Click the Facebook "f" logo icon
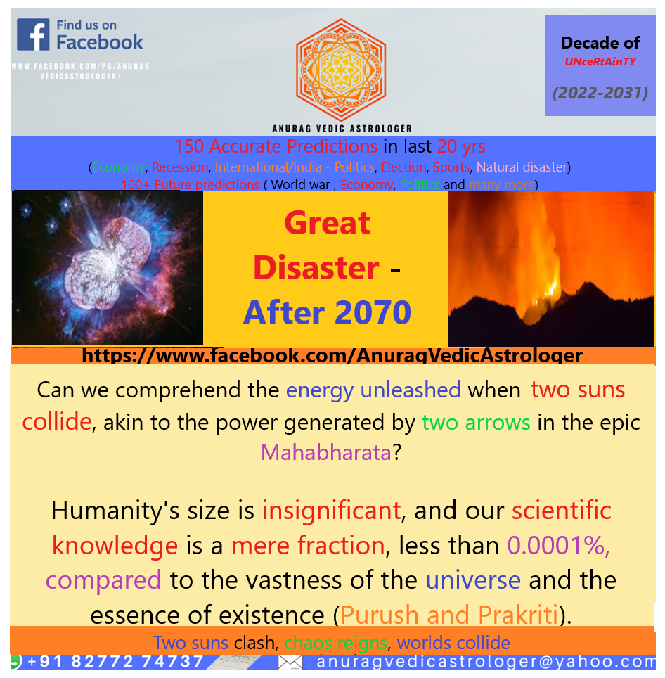(33, 34)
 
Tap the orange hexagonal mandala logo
(341, 70)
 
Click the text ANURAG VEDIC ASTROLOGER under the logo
(342, 129)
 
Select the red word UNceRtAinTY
(600, 62)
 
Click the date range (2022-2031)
(600, 92)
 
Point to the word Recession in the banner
(180, 167)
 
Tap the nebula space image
(108, 268)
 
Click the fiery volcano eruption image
(551, 268)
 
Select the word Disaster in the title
(316, 268)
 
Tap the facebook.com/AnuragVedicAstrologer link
(332, 355)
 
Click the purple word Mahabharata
(326, 452)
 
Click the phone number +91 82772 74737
(116, 661)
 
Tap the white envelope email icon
(290, 662)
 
